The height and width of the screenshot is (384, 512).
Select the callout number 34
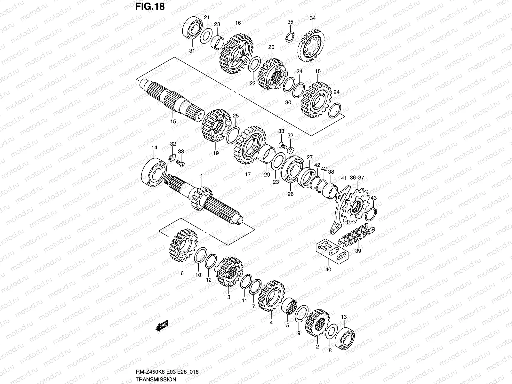tap(313, 18)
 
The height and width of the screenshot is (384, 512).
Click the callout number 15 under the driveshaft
tap(173, 121)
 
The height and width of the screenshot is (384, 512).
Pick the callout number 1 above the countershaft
tap(202, 176)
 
